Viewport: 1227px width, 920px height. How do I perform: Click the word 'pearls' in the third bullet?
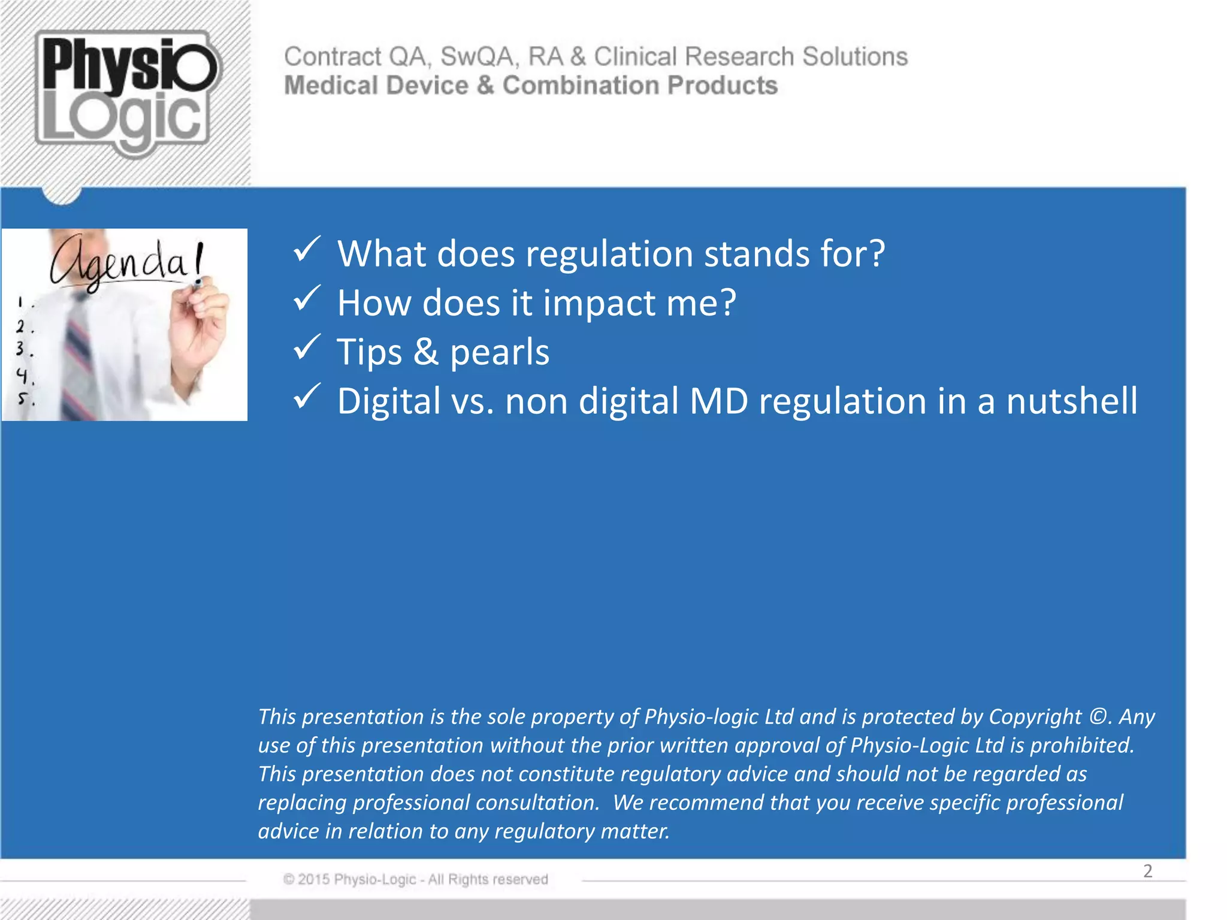point(499,352)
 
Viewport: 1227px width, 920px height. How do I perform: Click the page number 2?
point(1147,871)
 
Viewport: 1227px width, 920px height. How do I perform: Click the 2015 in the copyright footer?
point(314,879)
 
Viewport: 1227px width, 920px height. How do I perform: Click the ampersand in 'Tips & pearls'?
point(425,352)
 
